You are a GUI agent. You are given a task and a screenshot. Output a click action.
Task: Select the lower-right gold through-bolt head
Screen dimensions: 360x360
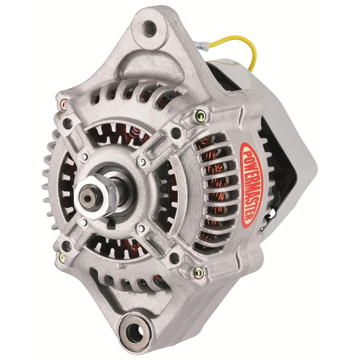click(x=197, y=272)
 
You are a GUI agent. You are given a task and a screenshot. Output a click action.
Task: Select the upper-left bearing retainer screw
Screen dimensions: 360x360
click(x=84, y=157)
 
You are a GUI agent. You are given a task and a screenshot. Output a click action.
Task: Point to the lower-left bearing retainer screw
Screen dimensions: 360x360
click(x=84, y=222)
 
